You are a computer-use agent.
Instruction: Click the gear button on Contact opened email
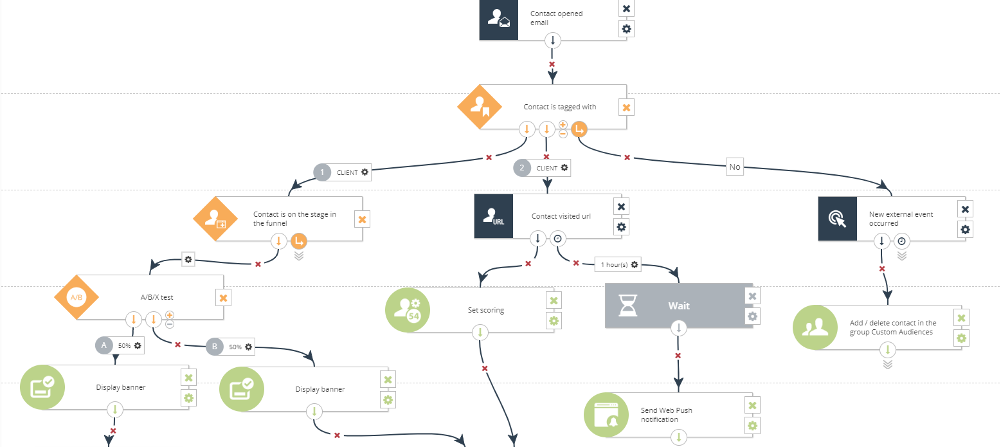(x=627, y=28)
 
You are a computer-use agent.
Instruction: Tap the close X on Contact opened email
(x=627, y=8)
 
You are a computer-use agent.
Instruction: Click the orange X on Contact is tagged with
(x=626, y=107)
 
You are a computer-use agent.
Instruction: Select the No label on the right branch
(x=734, y=167)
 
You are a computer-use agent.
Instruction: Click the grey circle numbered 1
(x=322, y=172)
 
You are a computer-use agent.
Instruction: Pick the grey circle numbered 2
(x=522, y=168)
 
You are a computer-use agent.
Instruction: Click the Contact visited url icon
(x=494, y=216)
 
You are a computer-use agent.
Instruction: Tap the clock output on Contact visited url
(x=557, y=239)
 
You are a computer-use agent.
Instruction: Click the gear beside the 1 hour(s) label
(x=635, y=264)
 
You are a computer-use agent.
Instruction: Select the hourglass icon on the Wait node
(x=627, y=306)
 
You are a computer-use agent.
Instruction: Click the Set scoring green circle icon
(x=408, y=310)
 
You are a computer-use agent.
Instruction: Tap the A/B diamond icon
(x=77, y=297)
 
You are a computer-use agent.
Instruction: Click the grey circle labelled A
(x=104, y=345)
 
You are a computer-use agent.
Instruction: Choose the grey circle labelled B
(x=215, y=347)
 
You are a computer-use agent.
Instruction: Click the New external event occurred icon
(x=838, y=219)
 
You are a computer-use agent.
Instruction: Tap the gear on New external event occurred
(x=965, y=229)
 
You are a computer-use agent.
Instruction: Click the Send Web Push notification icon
(x=606, y=415)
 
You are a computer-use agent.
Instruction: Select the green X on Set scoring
(x=554, y=300)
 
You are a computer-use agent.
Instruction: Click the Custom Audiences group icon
(x=815, y=327)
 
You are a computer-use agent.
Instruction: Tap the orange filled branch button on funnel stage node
(x=298, y=241)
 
